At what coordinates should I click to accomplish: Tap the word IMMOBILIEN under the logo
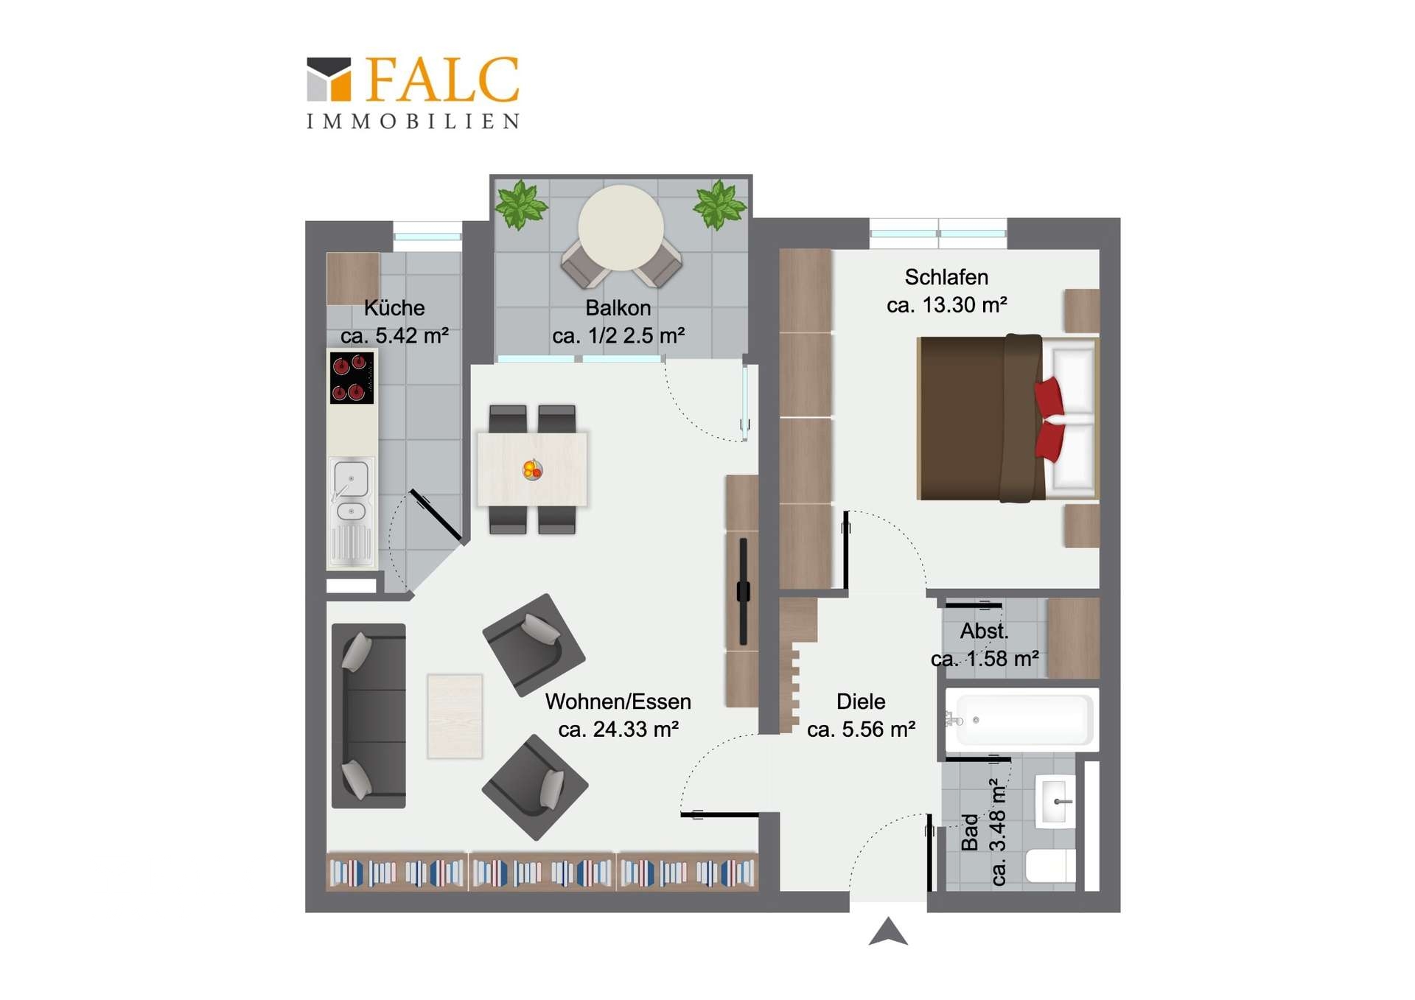click(413, 122)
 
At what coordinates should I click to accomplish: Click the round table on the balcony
click(621, 228)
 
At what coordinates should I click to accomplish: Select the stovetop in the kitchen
click(352, 377)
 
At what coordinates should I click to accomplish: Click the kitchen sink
click(351, 492)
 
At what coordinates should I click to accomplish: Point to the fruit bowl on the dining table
click(532, 469)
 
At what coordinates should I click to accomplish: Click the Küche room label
click(394, 308)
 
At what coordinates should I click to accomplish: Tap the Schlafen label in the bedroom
click(946, 277)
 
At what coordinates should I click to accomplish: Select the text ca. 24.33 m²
click(618, 730)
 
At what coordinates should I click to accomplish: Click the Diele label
click(861, 702)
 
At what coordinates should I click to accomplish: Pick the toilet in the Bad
click(1051, 865)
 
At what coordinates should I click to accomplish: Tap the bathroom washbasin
click(1056, 801)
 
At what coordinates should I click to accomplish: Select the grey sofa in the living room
click(368, 716)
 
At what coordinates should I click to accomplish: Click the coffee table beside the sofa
click(455, 716)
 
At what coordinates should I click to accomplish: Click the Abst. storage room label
click(984, 632)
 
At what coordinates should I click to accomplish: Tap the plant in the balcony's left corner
click(521, 204)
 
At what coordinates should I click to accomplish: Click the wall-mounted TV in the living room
click(743, 591)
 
